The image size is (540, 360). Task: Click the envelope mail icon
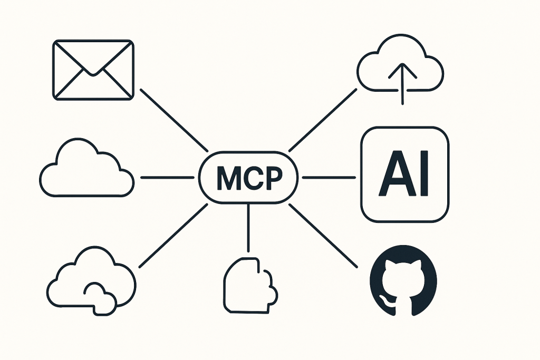click(x=93, y=70)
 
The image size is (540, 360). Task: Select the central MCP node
click(x=248, y=178)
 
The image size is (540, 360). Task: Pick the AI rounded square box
click(x=404, y=174)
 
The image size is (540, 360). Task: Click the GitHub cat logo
click(x=403, y=280)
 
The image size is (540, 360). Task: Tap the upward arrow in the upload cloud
click(x=402, y=84)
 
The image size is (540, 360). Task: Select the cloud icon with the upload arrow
click(x=400, y=69)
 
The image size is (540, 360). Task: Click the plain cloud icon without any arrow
click(x=86, y=168)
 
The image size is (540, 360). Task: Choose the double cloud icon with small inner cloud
click(x=91, y=280)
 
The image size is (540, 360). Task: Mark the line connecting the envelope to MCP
click(x=174, y=120)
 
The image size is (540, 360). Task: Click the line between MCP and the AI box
click(x=329, y=178)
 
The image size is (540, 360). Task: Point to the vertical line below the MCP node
click(x=248, y=228)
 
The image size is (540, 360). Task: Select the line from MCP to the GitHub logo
click(x=323, y=236)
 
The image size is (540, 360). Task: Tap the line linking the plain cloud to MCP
click(x=167, y=178)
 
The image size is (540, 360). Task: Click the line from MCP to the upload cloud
click(x=323, y=120)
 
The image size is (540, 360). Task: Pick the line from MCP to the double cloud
click(x=173, y=236)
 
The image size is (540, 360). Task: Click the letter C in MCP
click(x=250, y=178)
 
